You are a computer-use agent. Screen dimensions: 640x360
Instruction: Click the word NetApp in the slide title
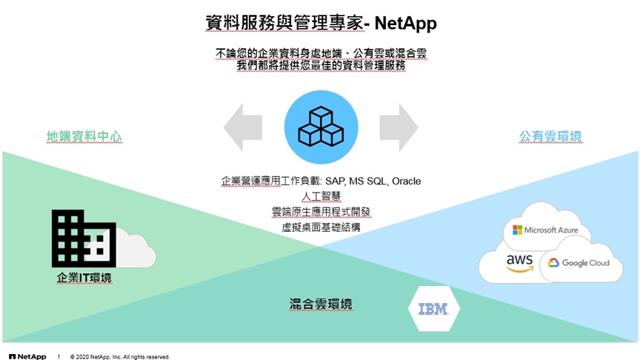pyautogui.click(x=405, y=24)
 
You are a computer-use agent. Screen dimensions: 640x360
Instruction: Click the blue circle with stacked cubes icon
pyautogui.click(x=321, y=127)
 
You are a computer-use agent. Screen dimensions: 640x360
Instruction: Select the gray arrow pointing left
pyautogui.click(x=243, y=127)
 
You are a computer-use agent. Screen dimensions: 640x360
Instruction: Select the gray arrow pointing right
pyautogui.click(x=399, y=127)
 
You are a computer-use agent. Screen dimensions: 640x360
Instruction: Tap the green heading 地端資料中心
pyautogui.click(x=84, y=136)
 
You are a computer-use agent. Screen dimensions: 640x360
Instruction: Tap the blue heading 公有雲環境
pyautogui.click(x=550, y=136)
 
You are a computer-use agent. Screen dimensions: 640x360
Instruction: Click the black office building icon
pyautogui.click(x=84, y=239)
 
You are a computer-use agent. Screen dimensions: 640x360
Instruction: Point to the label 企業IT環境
pyautogui.click(x=84, y=278)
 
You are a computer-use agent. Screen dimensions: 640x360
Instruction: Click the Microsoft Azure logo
pyautogui.click(x=545, y=230)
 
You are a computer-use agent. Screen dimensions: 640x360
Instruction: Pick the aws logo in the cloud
pyautogui.click(x=519, y=263)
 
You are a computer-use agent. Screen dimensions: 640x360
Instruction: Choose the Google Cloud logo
pyautogui.click(x=579, y=263)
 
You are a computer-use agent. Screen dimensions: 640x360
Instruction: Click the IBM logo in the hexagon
pyautogui.click(x=433, y=309)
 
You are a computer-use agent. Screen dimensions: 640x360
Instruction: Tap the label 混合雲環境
pyautogui.click(x=321, y=304)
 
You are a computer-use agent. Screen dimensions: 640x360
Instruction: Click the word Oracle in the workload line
pyautogui.click(x=407, y=181)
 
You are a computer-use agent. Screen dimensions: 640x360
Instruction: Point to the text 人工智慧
pyautogui.click(x=321, y=196)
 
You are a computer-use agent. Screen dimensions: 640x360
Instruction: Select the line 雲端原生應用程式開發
pyautogui.click(x=321, y=212)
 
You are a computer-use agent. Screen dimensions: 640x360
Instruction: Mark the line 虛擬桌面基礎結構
pyautogui.click(x=321, y=227)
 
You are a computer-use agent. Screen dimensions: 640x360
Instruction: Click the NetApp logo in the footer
pyautogui.click(x=27, y=357)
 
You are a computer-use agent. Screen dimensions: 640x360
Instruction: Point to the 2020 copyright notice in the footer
pyautogui.click(x=120, y=357)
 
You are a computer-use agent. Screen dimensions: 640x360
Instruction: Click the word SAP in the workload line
pyautogui.click(x=335, y=181)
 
